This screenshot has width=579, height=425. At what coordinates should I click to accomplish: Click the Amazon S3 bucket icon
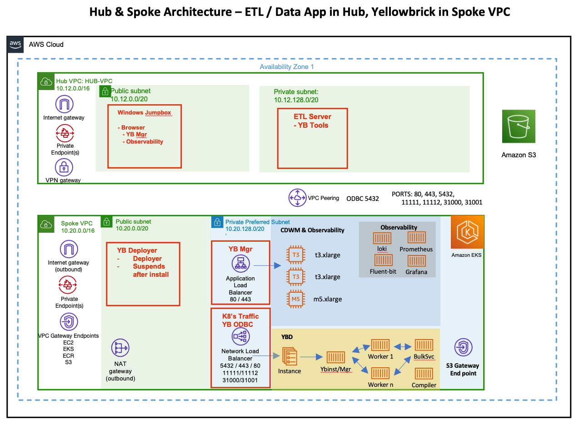pyautogui.click(x=519, y=126)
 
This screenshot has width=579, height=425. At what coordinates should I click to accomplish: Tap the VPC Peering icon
pyautogui.click(x=297, y=198)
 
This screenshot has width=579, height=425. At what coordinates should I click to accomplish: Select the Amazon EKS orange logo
pyautogui.click(x=466, y=233)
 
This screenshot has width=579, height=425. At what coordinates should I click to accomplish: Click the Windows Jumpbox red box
pyautogui.click(x=144, y=136)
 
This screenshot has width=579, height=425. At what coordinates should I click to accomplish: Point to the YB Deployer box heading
pyautogui.click(x=137, y=250)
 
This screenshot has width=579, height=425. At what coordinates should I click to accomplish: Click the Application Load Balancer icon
pyautogui.click(x=240, y=265)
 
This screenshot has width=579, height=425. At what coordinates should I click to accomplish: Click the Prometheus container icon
pyautogui.click(x=416, y=238)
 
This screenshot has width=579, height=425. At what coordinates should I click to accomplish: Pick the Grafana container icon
pyautogui.click(x=416, y=260)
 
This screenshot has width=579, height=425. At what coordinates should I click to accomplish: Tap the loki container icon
pyautogui.click(x=382, y=238)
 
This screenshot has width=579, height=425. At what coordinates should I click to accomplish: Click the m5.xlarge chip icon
pyautogui.click(x=295, y=299)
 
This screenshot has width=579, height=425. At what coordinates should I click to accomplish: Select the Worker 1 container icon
pyautogui.click(x=380, y=345)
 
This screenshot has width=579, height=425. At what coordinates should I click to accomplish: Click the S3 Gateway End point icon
pyautogui.click(x=464, y=347)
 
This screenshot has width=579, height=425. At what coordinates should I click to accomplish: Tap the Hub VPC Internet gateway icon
pyautogui.click(x=64, y=104)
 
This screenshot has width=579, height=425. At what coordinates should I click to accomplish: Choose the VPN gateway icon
pyautogui.click(x=64, y=167)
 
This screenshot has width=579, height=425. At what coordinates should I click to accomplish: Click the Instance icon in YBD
pyautogui.click(x=289, y=356)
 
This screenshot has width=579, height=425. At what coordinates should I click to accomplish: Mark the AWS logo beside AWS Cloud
pyautogui.click(x=15, y=44)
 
